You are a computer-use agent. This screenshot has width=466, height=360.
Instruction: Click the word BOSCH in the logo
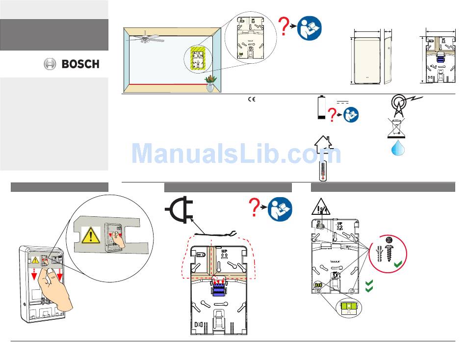[x=80, y=64]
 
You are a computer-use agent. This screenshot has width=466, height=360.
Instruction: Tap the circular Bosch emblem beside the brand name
[x=50, y=64]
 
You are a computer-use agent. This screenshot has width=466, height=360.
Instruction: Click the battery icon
[x=321, y=107]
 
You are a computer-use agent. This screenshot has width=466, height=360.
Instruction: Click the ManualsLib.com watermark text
[x=236, y=154]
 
